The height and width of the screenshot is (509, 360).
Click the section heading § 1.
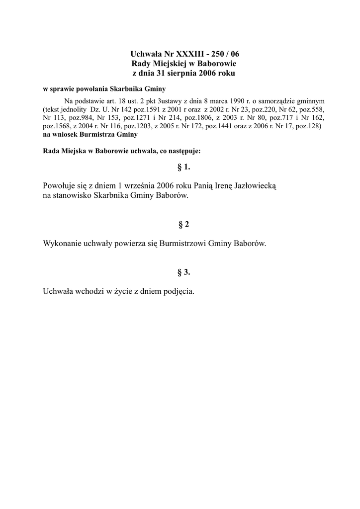pos(184,167)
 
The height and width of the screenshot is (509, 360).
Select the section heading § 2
pos(184,225)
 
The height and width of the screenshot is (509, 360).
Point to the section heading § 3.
pos(184,272)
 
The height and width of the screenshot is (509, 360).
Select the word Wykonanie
pos(63,244)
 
